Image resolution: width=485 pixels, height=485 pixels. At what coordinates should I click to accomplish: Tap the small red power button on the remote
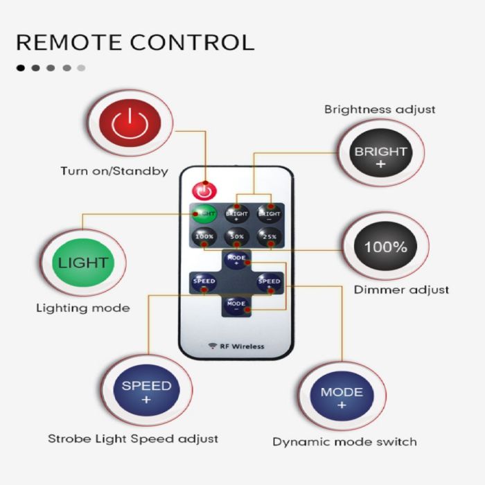pos(203,188)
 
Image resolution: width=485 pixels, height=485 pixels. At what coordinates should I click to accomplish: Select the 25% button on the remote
pos(269,236)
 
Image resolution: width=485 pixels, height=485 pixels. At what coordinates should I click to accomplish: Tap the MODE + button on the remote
pos(236,259)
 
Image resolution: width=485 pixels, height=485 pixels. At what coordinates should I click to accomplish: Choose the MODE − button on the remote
pos(236,304)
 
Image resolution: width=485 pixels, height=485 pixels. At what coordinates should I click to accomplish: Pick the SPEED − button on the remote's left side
pos(204,281)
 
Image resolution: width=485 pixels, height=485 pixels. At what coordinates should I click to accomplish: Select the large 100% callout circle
pos(386,247)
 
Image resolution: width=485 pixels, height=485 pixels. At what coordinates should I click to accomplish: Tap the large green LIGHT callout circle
pos(82,263)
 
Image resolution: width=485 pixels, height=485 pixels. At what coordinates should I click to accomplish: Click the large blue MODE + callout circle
pos(342,396)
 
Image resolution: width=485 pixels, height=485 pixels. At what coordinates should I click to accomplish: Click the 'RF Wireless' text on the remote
pos(236,346)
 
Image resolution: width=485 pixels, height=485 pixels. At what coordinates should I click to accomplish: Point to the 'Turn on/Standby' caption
pos(114,170)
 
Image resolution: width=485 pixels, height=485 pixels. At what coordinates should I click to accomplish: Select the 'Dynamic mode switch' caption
pos(344,441)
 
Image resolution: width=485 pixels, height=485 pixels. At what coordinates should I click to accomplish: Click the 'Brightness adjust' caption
pos(380,109)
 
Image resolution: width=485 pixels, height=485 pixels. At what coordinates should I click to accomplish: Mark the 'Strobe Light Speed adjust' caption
pos(133,439)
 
